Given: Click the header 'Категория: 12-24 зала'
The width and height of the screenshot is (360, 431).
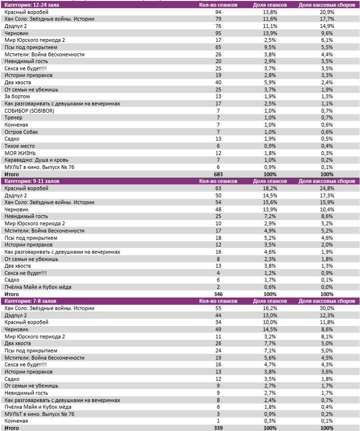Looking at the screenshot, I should click(29, 5).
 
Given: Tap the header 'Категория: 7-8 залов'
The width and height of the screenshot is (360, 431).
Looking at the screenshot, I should click(28, 301).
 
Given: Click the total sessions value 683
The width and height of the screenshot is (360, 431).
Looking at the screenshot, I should click(218, 174).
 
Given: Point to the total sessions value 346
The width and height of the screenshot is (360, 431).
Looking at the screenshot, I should click(218, 294).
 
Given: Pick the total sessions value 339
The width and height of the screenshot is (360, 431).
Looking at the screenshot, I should click(218, 428).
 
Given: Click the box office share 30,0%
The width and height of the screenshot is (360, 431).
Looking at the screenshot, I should click(327, 308).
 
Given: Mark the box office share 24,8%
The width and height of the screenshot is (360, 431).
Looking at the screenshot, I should click(327, 188).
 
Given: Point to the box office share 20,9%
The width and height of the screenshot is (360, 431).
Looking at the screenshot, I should click(327, 12).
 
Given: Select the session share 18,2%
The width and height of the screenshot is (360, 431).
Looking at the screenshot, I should click(270, 188).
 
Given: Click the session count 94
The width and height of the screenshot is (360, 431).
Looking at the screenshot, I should click(218, 12).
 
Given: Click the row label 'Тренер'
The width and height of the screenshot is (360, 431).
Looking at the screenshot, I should click(13, 118).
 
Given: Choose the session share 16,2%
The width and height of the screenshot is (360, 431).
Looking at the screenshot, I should click(270, 308).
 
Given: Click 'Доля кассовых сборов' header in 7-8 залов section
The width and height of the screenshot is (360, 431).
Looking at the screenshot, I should click(327, 301).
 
